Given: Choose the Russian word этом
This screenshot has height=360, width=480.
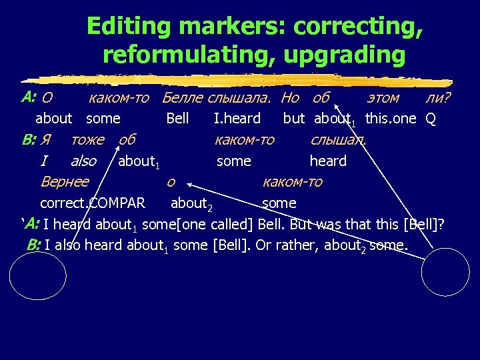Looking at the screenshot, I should click(383, 98).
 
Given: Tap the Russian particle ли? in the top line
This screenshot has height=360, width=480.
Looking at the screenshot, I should click(437, 98).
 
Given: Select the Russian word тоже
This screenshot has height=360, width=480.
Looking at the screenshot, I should click(87, 139).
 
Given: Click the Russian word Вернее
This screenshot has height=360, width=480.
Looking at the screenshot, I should click(65, 181).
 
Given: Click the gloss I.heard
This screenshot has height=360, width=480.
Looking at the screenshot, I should click(237, 119).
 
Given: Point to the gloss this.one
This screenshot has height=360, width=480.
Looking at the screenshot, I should click(391, 119).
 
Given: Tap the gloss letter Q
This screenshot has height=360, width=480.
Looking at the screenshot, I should click(431, 119).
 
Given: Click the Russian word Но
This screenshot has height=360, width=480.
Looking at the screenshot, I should click(290, 98).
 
